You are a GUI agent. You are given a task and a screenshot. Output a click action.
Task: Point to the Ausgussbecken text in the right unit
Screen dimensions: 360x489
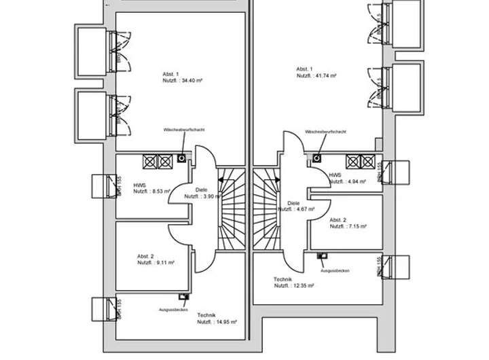coord(335,270)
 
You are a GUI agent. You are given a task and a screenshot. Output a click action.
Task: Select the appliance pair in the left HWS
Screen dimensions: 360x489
coord(158,162)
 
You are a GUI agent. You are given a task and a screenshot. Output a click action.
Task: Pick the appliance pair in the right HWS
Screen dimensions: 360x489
coord(360,162)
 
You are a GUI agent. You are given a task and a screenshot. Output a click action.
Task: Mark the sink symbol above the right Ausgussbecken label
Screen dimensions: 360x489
coord(321,256)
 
